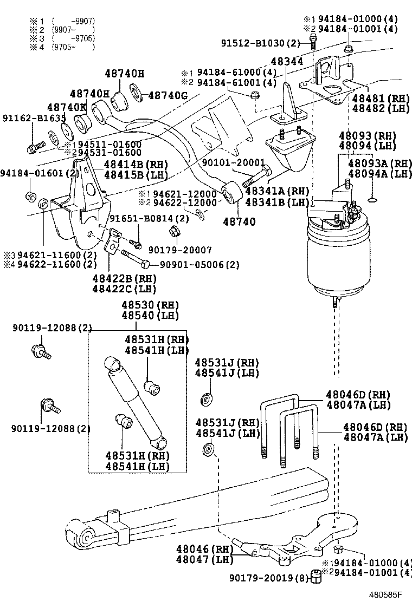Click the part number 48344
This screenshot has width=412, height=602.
click(x=287, y=62)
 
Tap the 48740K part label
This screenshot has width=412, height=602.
click(x=67, y=107)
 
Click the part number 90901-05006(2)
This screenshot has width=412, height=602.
click(x=199, y=264)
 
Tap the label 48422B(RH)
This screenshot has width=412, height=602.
click(x=124, y=278)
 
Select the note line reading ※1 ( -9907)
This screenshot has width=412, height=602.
click(x=63, y=22)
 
